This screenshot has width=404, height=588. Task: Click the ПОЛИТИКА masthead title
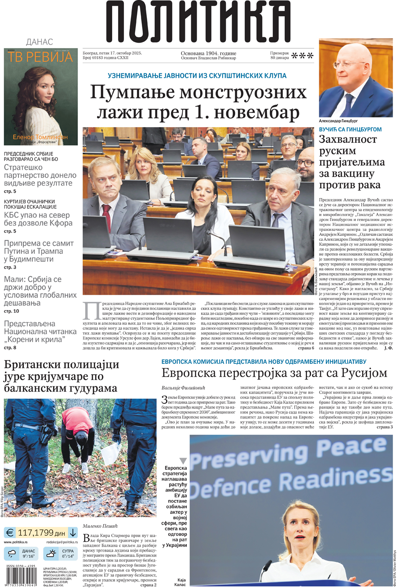point(198,22)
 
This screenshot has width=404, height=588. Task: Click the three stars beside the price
point(302,56)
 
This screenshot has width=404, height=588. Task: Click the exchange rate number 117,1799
point(35,533)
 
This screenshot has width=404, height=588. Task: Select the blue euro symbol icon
point(10,533)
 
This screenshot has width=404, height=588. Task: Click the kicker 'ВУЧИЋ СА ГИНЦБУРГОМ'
point(350,129)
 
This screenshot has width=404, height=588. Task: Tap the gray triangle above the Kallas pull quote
point(183,461)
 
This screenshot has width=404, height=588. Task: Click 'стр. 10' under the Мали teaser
point(12,311)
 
